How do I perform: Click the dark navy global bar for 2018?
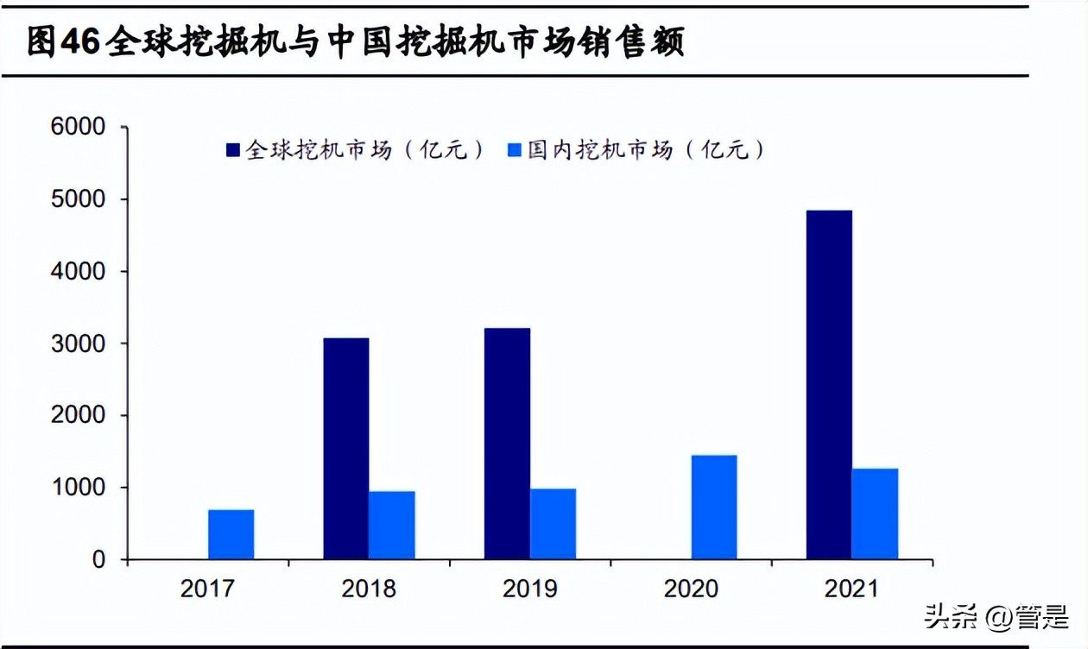coord(345,449)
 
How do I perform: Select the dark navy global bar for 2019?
coord(507,444)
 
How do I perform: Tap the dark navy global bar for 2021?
coord(829,385)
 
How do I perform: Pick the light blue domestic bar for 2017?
coord(231,534)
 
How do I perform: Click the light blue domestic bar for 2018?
coord(391,526)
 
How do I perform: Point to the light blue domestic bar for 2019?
coord(553,524)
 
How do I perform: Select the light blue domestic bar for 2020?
coord(714,507)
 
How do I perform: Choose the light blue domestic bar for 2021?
coord(875,514)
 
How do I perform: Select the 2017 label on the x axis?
coord(207,589)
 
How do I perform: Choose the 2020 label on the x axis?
coord(691,589)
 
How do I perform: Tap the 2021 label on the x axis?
coord(851,589)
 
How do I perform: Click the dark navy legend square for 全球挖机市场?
coord(233,150)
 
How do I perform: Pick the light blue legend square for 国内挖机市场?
coord(515,150)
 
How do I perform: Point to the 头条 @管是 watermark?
coord(996,616)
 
